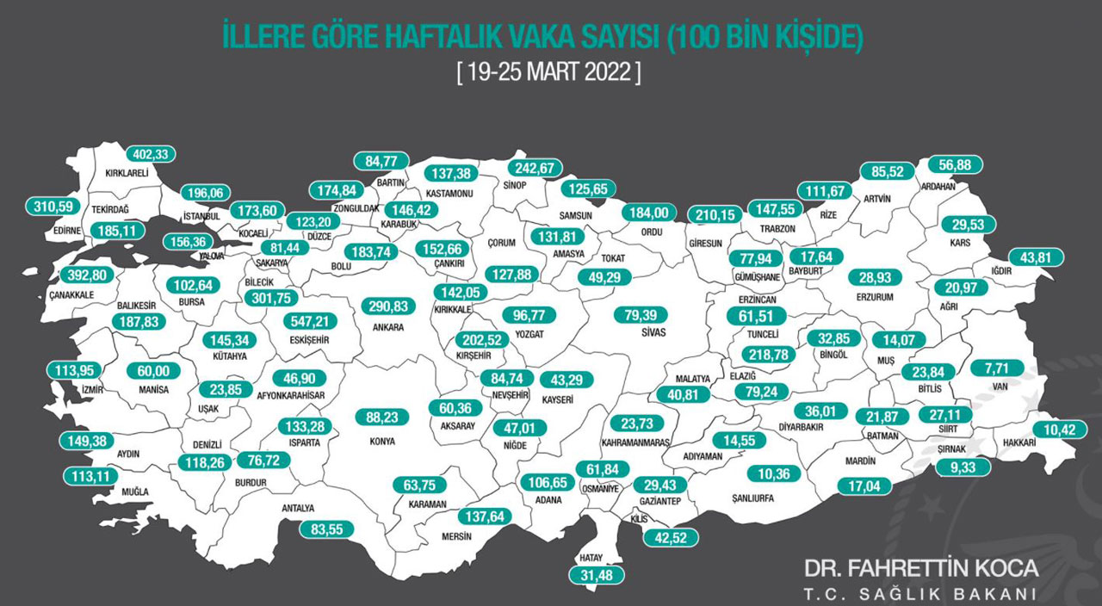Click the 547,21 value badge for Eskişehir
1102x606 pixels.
tap(313, 321)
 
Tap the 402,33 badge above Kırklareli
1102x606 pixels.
tap(151, 154)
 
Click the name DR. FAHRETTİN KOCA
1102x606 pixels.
tap(921, 569)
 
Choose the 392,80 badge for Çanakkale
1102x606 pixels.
tap(90, 276)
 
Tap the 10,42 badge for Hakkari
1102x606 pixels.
tap(1054, 430)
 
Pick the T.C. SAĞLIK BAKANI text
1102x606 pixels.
tap(919, 594)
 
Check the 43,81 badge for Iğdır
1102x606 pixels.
tap(1036, 257)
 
